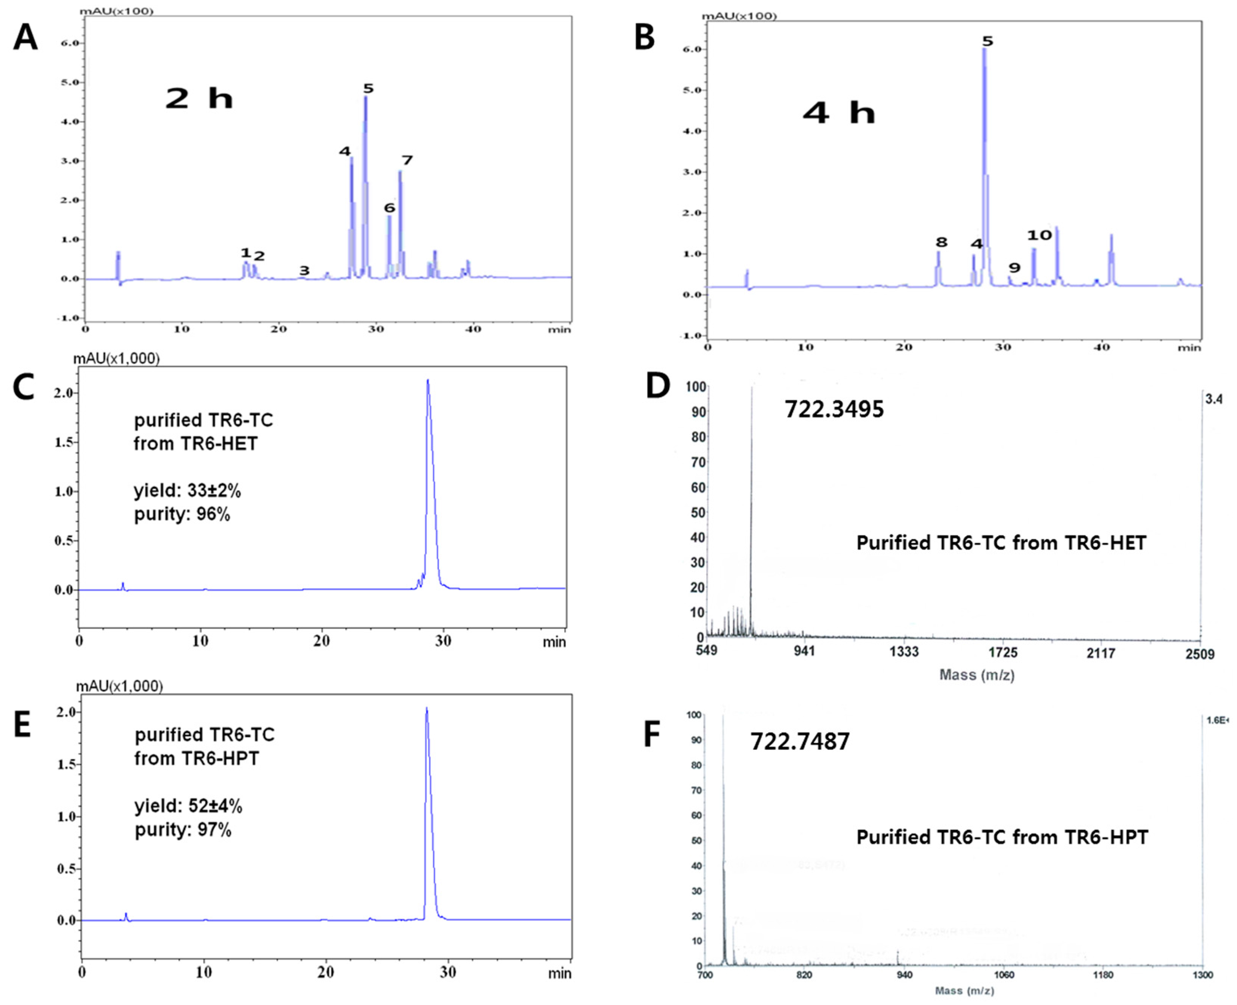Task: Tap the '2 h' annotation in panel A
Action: pyautogui.click(x=199, y=99)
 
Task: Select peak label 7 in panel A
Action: pyautogui.click(x=407, y=160)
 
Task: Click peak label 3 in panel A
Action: pyautogui.click(x=304, y=270)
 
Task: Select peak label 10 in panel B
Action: pyautogui.click(x=1039, y=235)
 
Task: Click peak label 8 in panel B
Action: pyautogui.click(x=941, y=242)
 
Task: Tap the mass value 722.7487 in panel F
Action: pyautogui.click(x=800, y=741)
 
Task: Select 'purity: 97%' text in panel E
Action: pyautogui.click(x=183, y=830)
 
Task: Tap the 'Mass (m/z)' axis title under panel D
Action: pyautogui.click(x=977, y=674)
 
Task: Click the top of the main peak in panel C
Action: pyautogui.click(x=428, y=381)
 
